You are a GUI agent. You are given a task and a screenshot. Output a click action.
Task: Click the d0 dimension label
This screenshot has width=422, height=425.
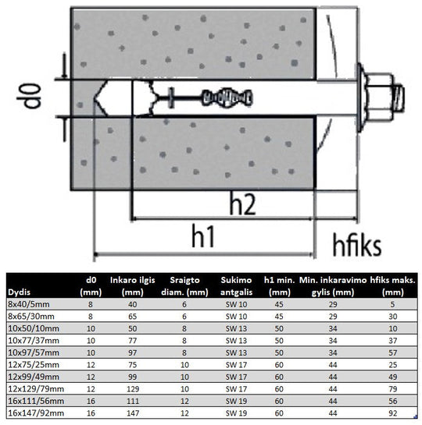[29, 96]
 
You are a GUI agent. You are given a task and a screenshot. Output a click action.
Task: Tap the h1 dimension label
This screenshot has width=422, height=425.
[203, 236]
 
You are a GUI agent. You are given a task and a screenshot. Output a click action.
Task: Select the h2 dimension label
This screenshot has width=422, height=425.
[242, 204]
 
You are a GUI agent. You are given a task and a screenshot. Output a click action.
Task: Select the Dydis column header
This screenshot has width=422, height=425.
[19, 292]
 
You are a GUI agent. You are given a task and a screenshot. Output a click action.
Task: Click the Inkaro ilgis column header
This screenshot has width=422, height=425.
[133, 286]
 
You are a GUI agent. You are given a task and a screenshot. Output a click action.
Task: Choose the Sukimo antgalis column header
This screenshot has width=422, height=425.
[236, 286]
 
